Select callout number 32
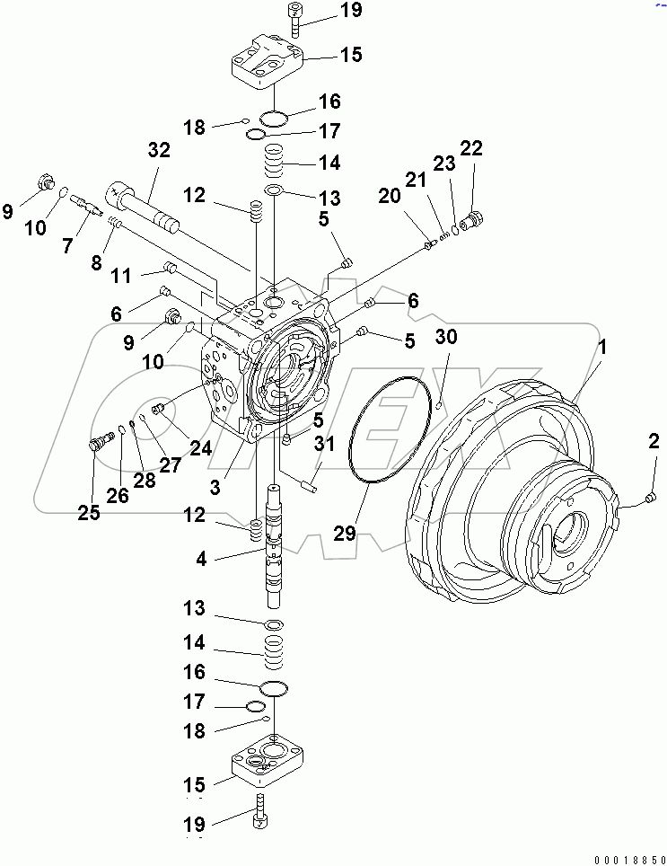click(x=158, y=151)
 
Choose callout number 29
click(x=346, y=533)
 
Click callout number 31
click(x=323, y=443)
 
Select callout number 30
click(x=446, y=337)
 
